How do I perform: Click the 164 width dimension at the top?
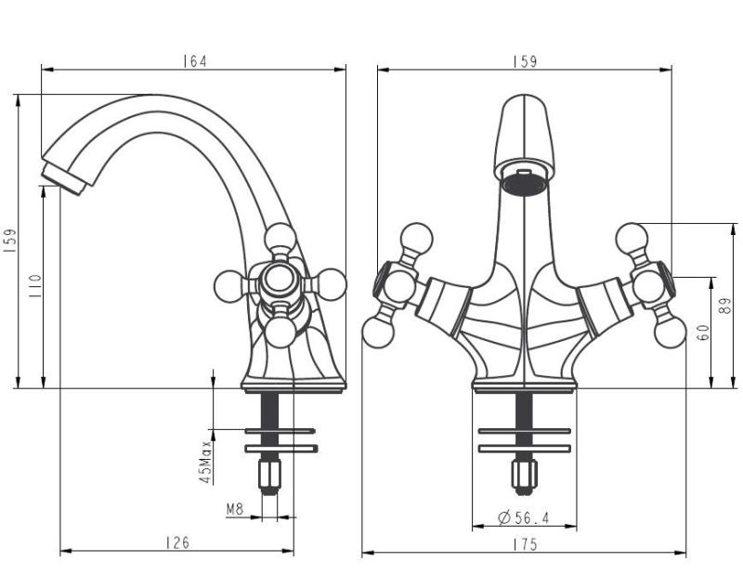coord(194,61)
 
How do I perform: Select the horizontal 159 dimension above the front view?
coord(525,61)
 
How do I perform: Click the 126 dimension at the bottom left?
coord(176,543)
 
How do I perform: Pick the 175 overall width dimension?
coord(525,545)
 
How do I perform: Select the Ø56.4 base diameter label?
coord(524,517)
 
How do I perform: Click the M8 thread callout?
coord(236,509)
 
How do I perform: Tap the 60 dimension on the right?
coord(703,332)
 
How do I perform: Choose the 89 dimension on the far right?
coord(726,306)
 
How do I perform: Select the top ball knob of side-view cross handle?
coord(280,239)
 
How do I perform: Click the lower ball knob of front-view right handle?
coord(670,332)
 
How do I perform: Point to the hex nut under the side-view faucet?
coord(270,475)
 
